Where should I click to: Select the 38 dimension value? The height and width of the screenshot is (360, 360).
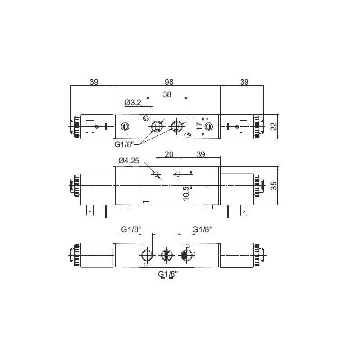tap(167, 94)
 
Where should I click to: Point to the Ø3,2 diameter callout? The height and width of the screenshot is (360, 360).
tap(133, 103)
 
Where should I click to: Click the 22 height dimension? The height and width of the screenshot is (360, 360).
tap(273, 126)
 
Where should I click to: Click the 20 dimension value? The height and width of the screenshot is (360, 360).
tap(169, 154)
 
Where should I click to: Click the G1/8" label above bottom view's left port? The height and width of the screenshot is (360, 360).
tap(131, 230)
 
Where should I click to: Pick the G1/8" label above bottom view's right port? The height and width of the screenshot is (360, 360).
tap(202, 230)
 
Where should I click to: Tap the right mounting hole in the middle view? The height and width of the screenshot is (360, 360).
tap(178, 174)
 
